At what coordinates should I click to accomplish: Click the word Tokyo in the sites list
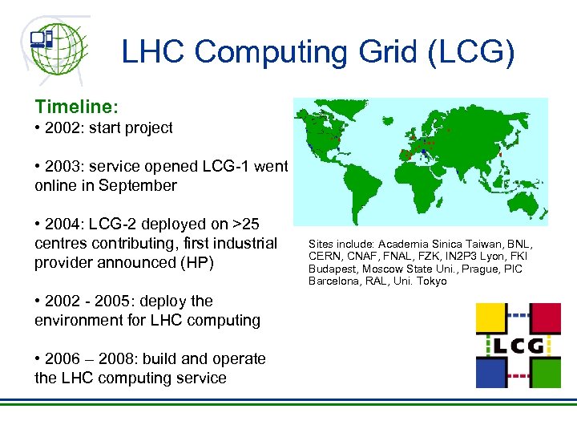point(431,281)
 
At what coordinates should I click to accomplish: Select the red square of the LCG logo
point(545,318)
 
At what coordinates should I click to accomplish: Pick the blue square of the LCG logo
point(491,373)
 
